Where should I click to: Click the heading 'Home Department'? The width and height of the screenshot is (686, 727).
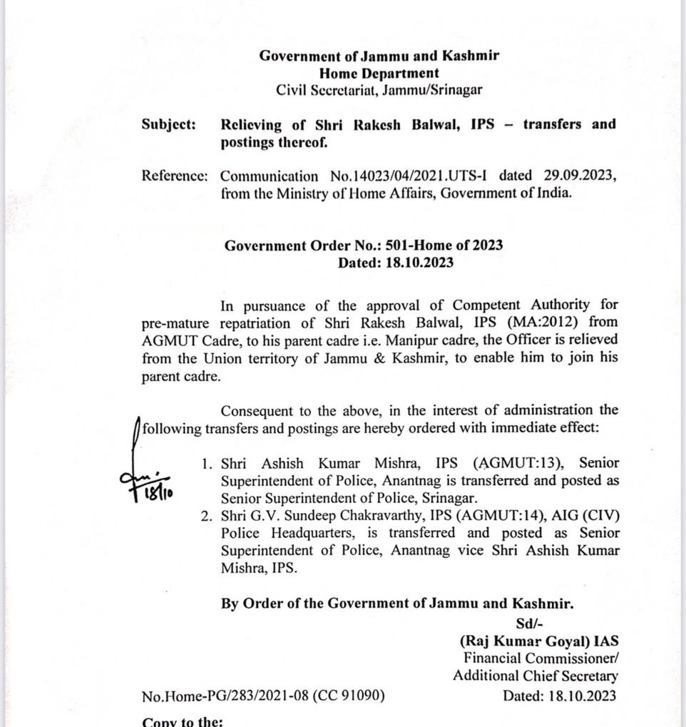[x=379, y=73]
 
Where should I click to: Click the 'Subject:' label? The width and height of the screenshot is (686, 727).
[x=169, y=125]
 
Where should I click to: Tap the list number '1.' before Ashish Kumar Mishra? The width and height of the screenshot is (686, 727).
[x=207, y=464]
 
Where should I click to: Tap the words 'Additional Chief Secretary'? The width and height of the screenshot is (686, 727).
[x=535, y=676]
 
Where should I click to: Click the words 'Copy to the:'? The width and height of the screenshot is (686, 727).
[x=183, y=721]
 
